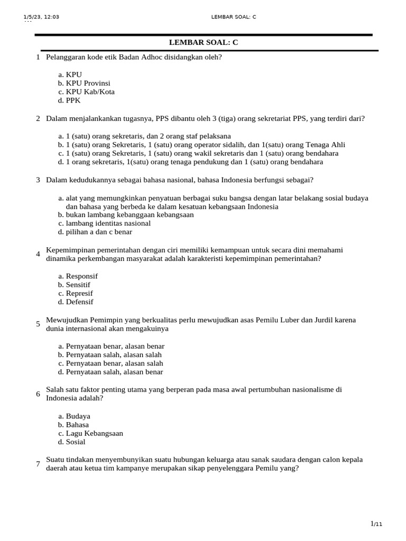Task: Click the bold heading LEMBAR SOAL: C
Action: tap(203, 42)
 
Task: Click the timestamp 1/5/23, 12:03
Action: tap(41, 17)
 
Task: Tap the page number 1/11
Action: tap(376, 524)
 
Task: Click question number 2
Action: tap(38, 119)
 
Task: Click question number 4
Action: tap(38, 254)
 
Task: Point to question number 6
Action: tap(38, 394)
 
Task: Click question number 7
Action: tap(38, 464)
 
